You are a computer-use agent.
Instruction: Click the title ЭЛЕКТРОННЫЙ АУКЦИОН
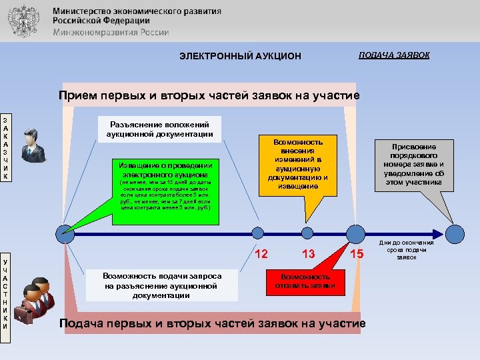click(x=240, y=56)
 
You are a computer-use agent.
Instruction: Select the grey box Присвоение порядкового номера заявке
click(x=409, y=165)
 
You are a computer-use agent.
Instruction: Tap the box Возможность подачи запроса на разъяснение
click(x=162, y=285)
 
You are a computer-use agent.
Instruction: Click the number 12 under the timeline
click(x=262, y=253)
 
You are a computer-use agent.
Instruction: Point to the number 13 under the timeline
click(x=308, y=253)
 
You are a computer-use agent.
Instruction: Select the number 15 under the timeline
click(x=358, y=253)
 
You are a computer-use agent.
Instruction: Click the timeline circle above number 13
click(x=307, y=233)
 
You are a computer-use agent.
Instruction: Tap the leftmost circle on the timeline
click(x=65, y=233)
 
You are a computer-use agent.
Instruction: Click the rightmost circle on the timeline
click(x=455, y=233)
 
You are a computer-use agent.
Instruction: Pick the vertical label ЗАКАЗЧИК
click(x=6, y=151)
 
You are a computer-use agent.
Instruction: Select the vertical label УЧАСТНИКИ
click(x=6, y=294)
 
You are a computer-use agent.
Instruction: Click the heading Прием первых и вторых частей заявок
click(x=209, y=95)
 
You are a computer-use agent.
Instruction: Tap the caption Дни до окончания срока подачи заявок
click(x=407, y=249)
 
